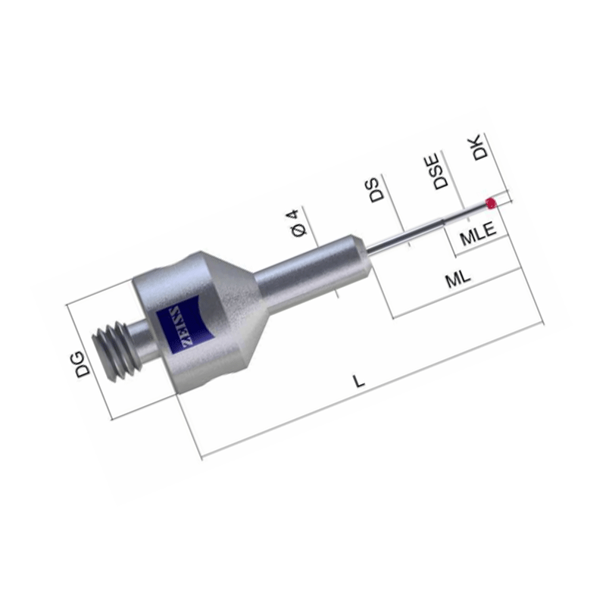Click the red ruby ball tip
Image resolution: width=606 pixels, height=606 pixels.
[491, 203]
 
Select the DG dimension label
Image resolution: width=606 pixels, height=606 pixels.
[83, 364]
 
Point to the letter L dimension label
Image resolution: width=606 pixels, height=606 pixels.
[359, 381]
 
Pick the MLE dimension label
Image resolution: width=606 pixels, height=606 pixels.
[478, 233]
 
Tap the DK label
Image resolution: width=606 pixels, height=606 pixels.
[481, 147]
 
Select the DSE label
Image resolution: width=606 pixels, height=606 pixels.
[440, 171]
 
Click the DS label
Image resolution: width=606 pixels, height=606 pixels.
[376, 190]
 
